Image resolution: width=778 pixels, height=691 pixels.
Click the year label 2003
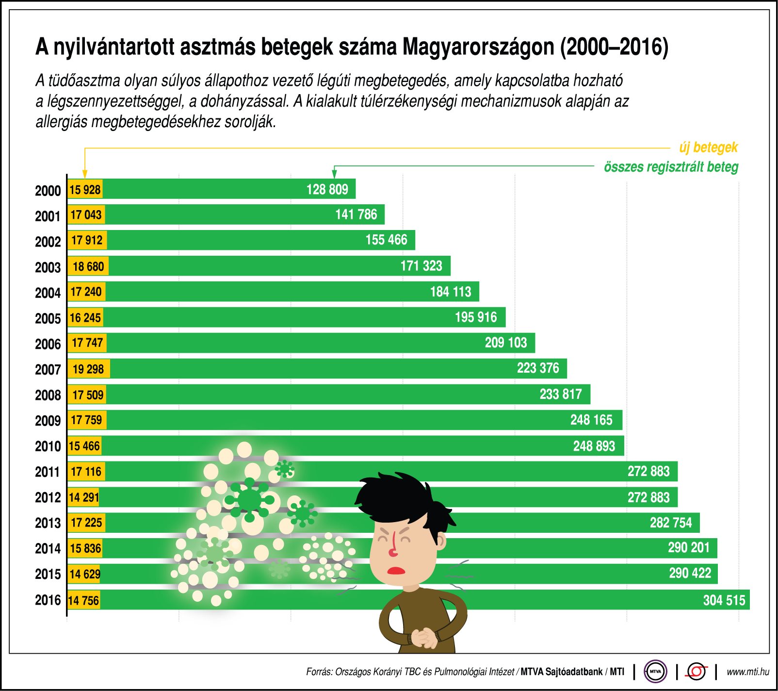[x=48, y=267]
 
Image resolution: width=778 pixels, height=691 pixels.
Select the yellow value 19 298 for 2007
[x=88, y=369]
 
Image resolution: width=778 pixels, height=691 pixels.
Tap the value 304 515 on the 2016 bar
[x=724, y=600]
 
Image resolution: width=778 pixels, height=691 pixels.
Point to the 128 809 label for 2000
[x=327, y=189]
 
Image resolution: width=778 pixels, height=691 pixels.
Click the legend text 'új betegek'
[x=708, y=148]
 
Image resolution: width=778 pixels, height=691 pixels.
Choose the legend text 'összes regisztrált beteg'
[x=671, y=167]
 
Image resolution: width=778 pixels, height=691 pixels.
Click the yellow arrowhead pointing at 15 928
[x=85, y=175]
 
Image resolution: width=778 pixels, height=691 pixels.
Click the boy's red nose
[x=393, y=551]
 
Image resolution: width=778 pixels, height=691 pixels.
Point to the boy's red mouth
[x=396, y=570]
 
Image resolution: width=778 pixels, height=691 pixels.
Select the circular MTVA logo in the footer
[x=655, y=672]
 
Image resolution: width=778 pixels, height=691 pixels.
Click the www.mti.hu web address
[x=747, y=672]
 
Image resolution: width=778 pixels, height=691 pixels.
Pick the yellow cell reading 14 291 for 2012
[x=84, y=497]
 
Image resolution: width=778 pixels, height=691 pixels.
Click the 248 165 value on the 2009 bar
[x=591, y=420]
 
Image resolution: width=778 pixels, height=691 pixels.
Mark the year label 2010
[x=48, y=446]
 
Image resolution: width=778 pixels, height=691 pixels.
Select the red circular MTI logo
[x=697, y=672]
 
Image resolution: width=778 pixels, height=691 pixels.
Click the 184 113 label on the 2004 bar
[x=450, y=292]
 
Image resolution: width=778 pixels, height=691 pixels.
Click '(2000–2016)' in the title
[x=614, y=47]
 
